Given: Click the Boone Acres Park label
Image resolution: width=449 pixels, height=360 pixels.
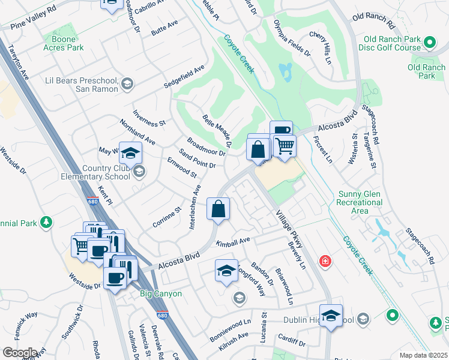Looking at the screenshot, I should tap(63, 43).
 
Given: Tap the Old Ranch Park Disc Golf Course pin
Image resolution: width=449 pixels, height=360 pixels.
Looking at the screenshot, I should tap(429, 42).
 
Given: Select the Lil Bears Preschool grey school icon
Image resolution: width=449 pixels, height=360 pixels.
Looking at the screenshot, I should tap(127, 85).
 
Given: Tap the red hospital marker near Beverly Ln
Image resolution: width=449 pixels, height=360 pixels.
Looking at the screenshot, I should tap(325, 261).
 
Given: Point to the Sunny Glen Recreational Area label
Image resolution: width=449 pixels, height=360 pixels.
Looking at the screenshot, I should tap(360, 202).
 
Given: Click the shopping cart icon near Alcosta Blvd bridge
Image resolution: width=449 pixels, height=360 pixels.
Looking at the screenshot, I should tap(285, 145).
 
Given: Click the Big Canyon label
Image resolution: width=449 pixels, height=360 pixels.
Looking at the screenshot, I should tap(158, 294).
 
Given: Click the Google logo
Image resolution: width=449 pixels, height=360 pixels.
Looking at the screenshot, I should tap(20, 353).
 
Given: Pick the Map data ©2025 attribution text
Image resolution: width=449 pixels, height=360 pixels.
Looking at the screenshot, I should tap(423, 355).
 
